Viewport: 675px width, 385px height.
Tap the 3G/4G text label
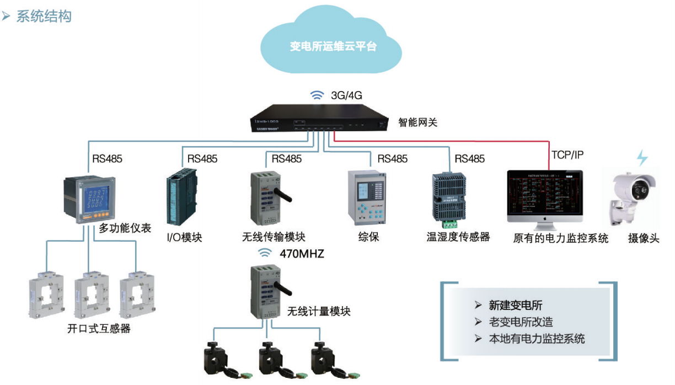click(346, 95)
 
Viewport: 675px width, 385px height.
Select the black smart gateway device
click(319, 118)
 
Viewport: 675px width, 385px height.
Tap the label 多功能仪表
click(125, 228)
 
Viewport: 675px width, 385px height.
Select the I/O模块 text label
click(184, 238)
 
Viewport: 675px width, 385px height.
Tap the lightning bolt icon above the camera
click(642, 158)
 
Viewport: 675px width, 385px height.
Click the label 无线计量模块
click(319, 311)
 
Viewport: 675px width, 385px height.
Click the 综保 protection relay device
click(368, 197)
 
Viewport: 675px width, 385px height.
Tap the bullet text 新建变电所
click(515, 305)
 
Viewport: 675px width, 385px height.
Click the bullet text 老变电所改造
click(521, 322)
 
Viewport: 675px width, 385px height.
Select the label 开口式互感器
click(99, 329)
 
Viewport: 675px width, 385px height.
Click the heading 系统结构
click(44, 16)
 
